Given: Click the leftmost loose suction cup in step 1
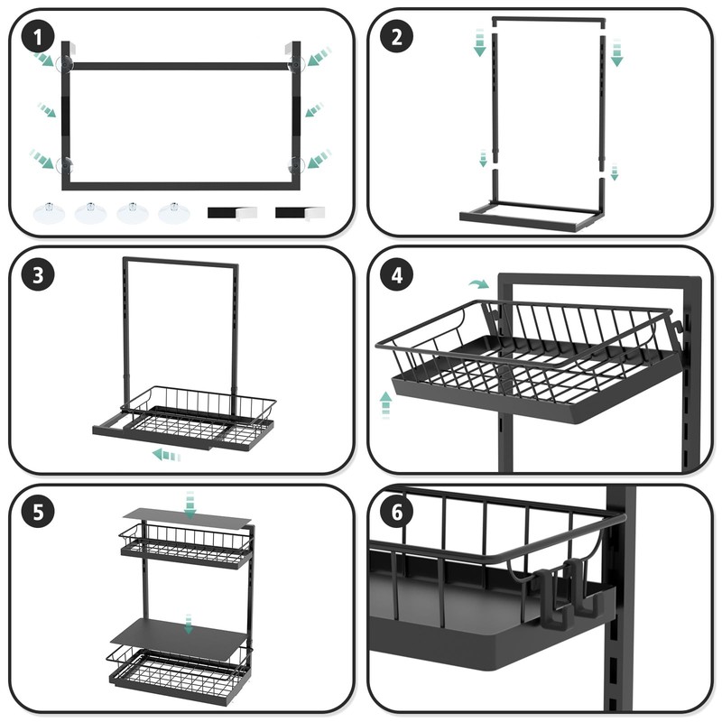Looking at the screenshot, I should coord(47,213).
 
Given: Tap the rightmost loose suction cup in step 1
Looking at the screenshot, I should coord(171,213).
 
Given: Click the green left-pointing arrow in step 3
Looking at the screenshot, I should coord(166,454).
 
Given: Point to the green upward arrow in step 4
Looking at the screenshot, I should coord(385,403).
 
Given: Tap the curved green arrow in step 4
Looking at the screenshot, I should coord(477,283).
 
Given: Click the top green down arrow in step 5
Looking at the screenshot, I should coord(189,502).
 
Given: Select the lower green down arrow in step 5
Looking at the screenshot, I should coord(188,624).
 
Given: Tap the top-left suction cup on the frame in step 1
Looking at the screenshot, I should coord(67,63).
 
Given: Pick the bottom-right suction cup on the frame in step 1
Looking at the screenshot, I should coord(296,164).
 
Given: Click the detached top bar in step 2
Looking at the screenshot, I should coord(548,18).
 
